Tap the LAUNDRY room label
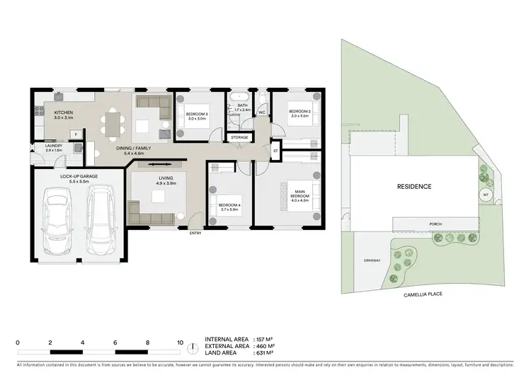(54, 147)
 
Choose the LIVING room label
(165, 180)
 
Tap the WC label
(261, 112)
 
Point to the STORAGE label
(239, 137)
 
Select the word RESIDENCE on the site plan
(414, 187)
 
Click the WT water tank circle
(486, 194)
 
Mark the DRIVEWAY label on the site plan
(372, 260)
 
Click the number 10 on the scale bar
(180, 342)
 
